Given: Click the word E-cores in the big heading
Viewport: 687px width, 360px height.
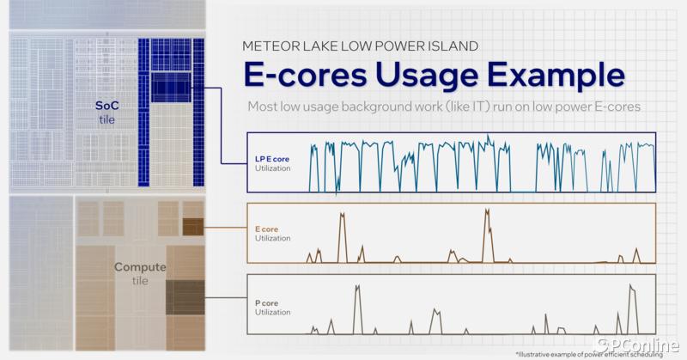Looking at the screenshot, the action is pyautogui.click(x=306, y=75).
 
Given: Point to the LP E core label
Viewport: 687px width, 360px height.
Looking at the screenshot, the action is pyautogui.click(x=272, y=159).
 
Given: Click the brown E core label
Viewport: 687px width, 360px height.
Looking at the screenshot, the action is pyautogui.click(x=266, y=229).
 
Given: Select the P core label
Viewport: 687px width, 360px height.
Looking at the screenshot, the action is pyautogui.click(x=266, y=303).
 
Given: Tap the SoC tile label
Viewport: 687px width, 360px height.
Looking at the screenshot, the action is pyautogui.click(x=106, y=113).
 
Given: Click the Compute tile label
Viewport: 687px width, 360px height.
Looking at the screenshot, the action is pyautogui.click(x=140, y=273).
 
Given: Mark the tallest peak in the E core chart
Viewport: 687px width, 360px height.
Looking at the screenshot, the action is pyautogui.click(x=487, y=211).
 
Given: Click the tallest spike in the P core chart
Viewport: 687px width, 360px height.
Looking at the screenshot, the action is pyautogui.click(x=631, y=286).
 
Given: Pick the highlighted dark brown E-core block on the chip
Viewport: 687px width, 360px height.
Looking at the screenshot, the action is pyautogui.click(x=192, y=227).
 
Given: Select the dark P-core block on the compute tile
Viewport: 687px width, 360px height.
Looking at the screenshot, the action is pyautogui.click(x=185, y=297).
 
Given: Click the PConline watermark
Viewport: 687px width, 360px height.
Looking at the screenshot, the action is pyautogui.click(x=641, y=345).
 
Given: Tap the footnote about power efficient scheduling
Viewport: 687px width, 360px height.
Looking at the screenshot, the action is pyautogui.click(x=589, y=354).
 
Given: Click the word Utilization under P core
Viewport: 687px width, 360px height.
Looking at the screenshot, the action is pyautogui.click(x=272, y=312).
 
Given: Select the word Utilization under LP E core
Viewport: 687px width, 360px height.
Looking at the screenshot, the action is pyautogui.click(x=272, y=168).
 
